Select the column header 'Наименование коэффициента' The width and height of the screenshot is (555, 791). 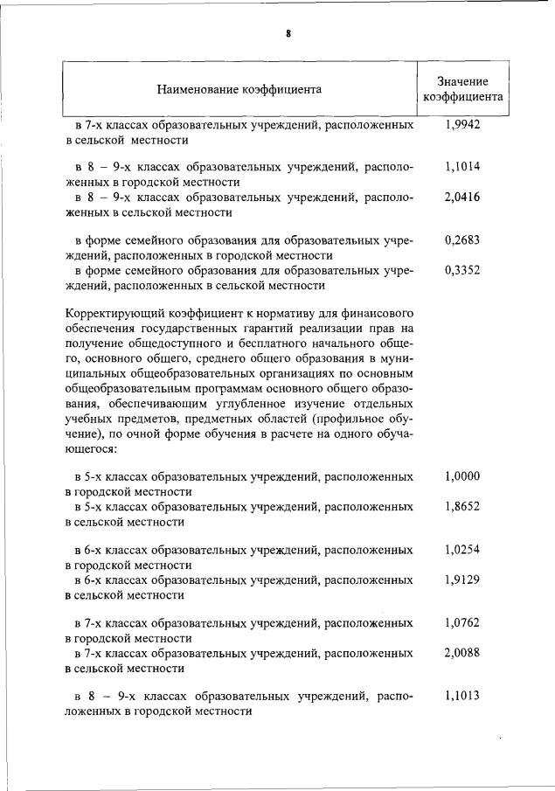click(239, 89)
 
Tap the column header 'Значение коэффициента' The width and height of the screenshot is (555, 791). click(462, 89)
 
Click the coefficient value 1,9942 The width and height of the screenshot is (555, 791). click(462, 126)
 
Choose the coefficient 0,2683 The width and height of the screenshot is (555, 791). click(462, 239)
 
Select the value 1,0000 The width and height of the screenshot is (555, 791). click(462, 476)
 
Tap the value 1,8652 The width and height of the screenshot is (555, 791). click(462, 507)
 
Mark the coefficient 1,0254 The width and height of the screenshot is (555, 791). click(462, 549)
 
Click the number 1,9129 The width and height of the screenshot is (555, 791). click(462, 579)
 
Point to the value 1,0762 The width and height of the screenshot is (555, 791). click(462, 623)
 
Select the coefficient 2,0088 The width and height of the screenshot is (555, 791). click(462, 653)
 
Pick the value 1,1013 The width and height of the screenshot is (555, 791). click(462, 697)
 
